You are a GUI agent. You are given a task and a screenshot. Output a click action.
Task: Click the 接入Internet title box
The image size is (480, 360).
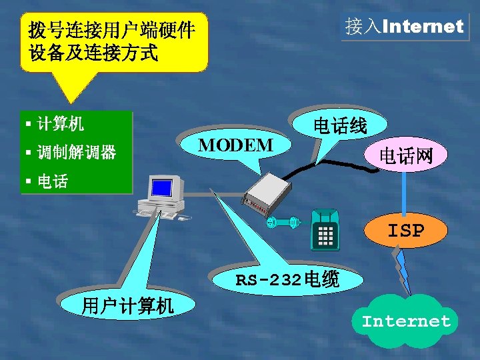404,27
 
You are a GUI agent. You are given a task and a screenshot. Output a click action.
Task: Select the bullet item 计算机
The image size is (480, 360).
61,123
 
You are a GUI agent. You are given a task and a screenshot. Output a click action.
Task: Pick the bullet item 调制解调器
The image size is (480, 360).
76,153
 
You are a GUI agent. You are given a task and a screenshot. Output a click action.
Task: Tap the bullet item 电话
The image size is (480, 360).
52,181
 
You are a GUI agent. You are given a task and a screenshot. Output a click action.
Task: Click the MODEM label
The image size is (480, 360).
236,145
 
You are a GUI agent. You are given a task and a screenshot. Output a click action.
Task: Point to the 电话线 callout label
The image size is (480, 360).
340,125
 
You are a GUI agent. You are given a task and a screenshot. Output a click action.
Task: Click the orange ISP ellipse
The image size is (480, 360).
406,231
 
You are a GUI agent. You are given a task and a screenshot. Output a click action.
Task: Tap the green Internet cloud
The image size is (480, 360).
406,321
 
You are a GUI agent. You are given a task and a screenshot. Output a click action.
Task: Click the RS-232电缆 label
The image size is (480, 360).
287,279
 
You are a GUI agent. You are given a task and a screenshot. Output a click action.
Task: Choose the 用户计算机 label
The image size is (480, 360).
127,306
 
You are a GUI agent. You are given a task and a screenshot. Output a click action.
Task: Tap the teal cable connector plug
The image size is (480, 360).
280,223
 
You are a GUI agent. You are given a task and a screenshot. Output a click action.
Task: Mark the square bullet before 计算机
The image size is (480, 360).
29,123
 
